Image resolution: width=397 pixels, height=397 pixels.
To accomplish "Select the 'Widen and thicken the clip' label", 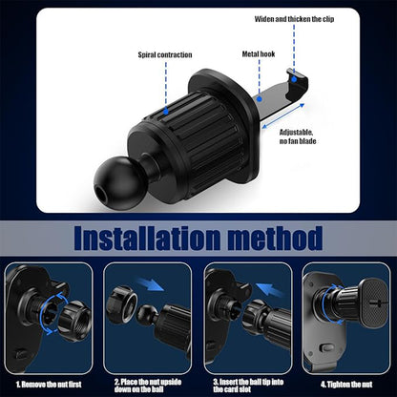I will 295,18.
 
